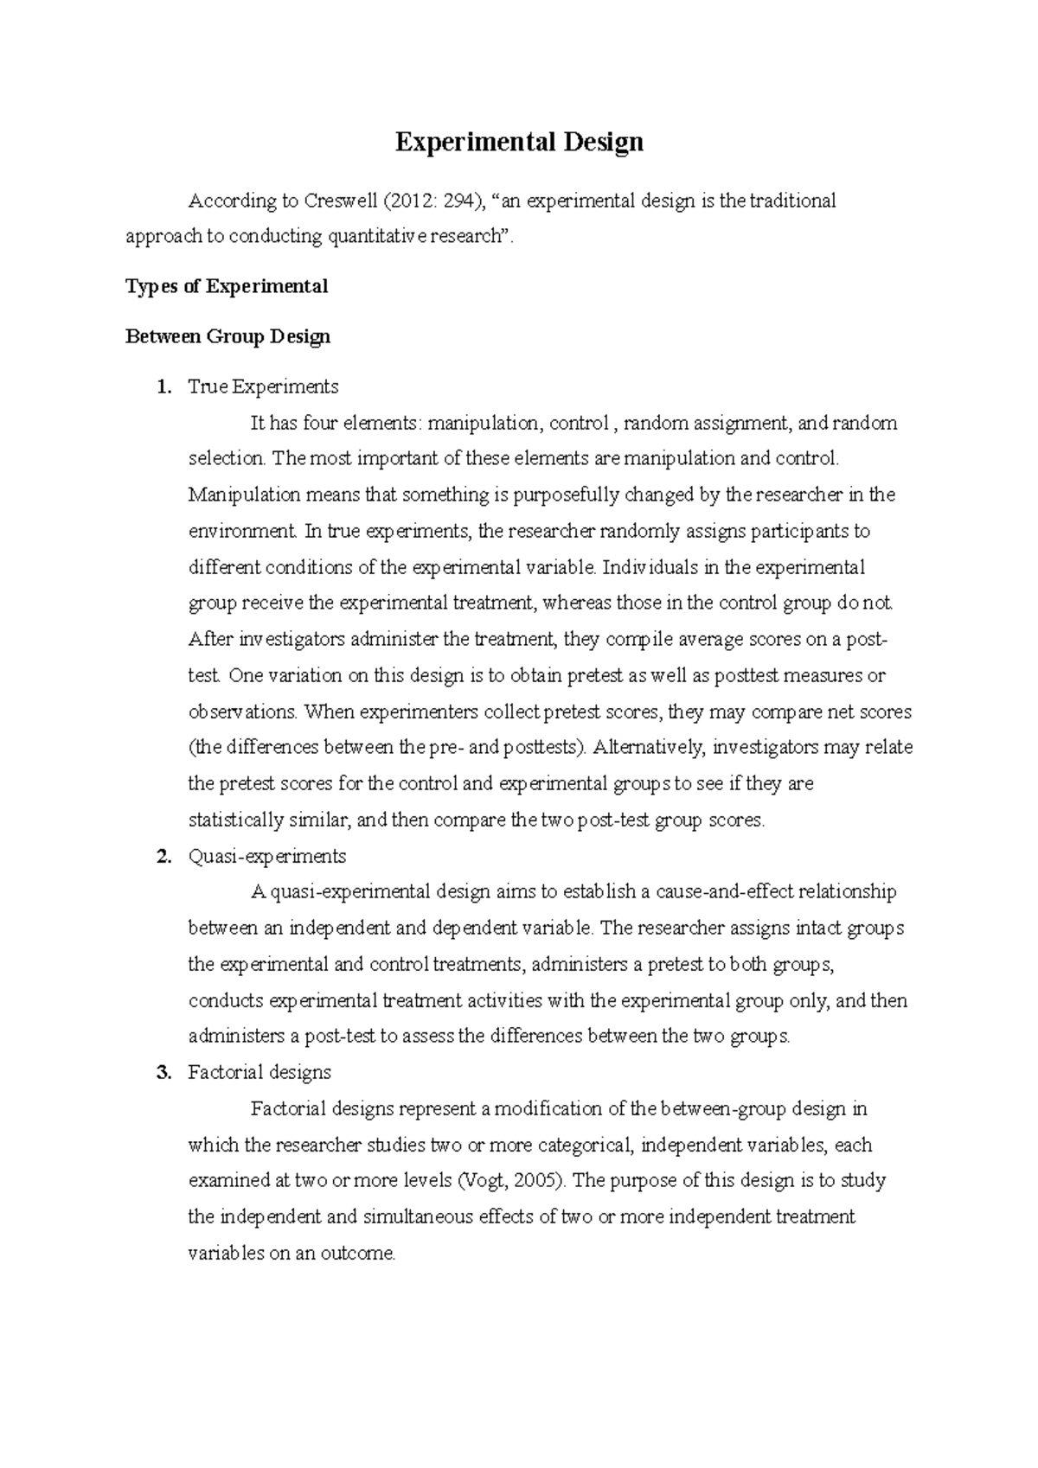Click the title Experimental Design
coord(519,142)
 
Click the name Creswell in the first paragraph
coord(338,201)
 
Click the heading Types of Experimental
coord(227,286)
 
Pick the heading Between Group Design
coord(228,336)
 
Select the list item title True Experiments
coord(263,386)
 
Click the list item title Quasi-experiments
coord(267,857)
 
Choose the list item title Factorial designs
coord(259,1073)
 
